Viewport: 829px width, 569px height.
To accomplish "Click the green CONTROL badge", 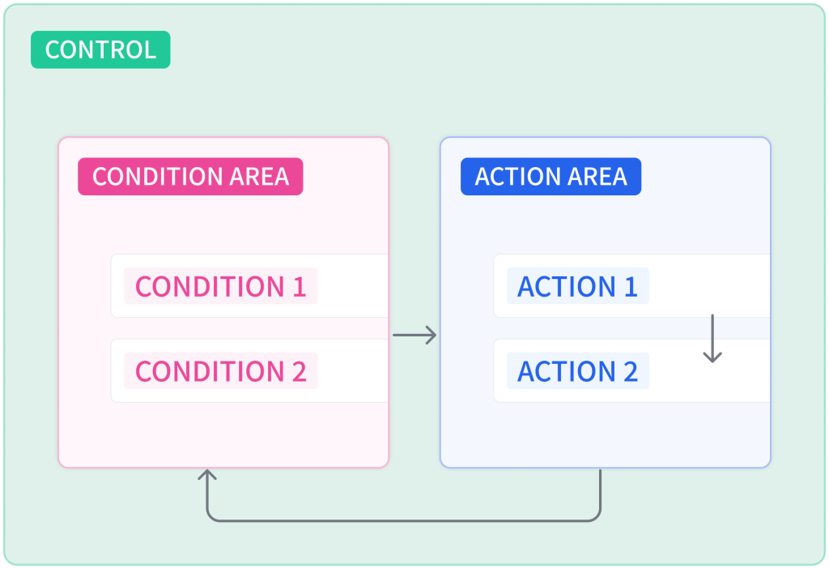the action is pyautogui.click(x=100, y=49).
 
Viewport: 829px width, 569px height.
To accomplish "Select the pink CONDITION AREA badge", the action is pyautogui.click(x=190, y=176).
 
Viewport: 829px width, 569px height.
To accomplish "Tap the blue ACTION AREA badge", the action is pyautogui.click(x=551, y=176).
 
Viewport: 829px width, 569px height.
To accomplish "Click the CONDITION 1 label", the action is pyautogui.click(x=220, y=286).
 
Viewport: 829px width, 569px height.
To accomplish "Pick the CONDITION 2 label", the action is pyautogui.click(x=220, y=371).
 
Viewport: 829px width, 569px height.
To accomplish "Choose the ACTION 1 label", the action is pyautogui.click(x=578, y=286).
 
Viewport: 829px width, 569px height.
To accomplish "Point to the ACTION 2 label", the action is pyautogui.click(x=578, y=371).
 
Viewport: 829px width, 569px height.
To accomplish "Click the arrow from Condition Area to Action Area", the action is pyautogui.click(x=414, y=335).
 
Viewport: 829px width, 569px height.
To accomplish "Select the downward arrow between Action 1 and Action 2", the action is pyautogui.click(x=712, y=339).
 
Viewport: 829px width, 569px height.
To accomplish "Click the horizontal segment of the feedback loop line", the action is pyautogui.click(x=403, y=521).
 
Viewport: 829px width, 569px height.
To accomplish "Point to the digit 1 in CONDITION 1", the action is pyautogui.click(x=300, y=287).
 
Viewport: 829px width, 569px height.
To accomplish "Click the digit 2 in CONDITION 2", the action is pyautogui.click(x=300, y=371).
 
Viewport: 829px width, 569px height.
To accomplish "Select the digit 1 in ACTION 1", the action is pyautogui.click(x=631, y=287).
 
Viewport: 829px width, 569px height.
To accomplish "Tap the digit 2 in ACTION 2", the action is pyautogui.click(x=630, y=371).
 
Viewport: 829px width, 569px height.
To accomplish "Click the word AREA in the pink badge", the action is pyautogui.click(x=259, y=177).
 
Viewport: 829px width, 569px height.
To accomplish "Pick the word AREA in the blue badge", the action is pyautogui.click(x=597, y=177).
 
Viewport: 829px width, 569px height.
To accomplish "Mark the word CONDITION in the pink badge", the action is pyautogui.click(x=158, y=177).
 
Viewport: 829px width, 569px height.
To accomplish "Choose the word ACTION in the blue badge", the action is pyautogui.click(x=518, y=177).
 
